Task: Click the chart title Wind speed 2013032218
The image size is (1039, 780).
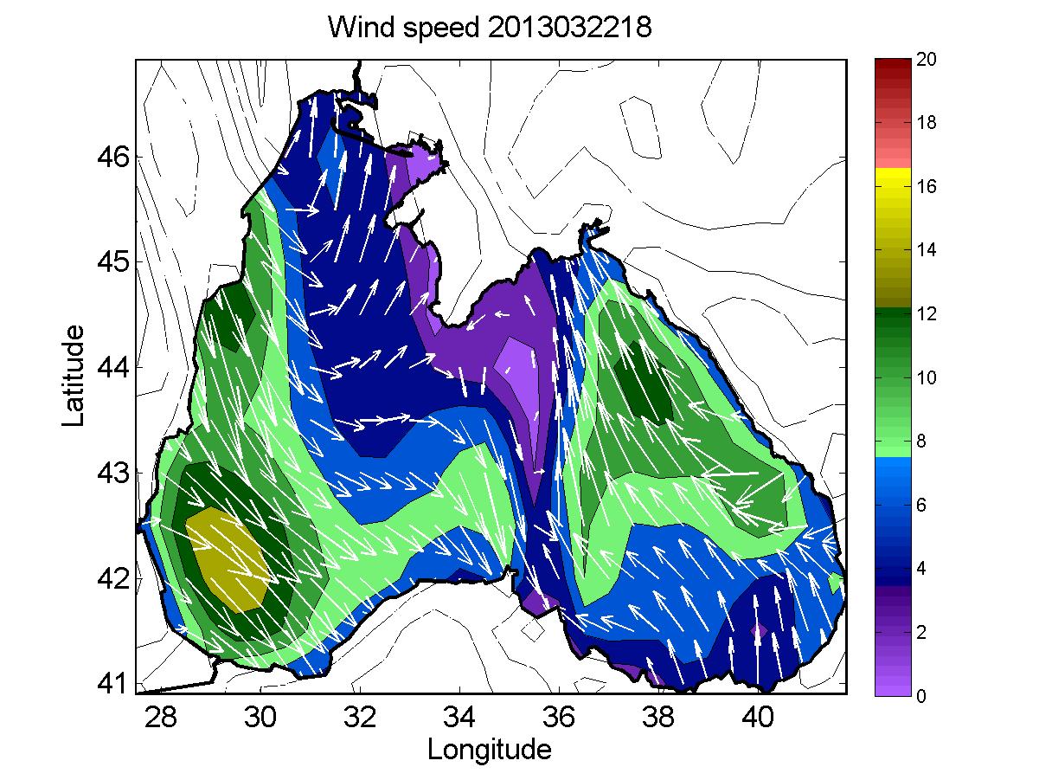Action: (x=490, y=27)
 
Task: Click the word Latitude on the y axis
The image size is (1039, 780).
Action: (x=73, y=376)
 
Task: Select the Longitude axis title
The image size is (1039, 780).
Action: (x=490, y=750)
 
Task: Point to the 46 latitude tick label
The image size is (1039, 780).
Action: (x=113, y=157)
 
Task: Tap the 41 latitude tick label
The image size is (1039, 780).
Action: (x=113, y=683)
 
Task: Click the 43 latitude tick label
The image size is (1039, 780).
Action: (x=113, y=473)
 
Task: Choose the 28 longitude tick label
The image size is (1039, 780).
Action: (x=160, y=717)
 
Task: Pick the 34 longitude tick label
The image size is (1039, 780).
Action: (x=459, y=717)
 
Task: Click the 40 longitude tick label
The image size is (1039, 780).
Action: (x=758, y=717)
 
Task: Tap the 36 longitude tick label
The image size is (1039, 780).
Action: (x=559, y=717)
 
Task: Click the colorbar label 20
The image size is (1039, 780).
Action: (x=927, y=59)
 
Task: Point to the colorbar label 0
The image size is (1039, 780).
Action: (x=921, y=696)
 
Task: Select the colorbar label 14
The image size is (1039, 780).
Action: (x=927, y=250)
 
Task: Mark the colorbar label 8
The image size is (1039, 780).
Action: (x=921, y=442)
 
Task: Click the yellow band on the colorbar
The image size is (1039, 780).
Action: (x=893, y=177)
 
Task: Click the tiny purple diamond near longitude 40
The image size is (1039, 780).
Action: (x=759, y=631)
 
